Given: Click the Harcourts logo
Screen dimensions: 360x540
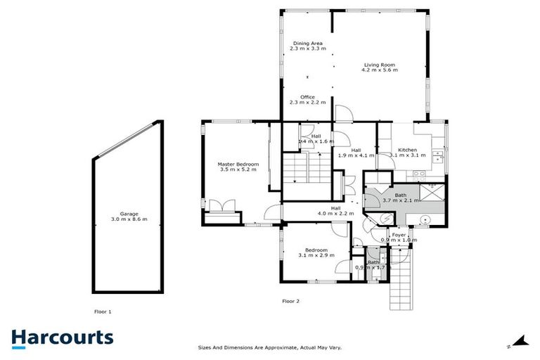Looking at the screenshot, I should point(63,337).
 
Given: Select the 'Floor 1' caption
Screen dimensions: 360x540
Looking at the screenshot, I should point(103,310).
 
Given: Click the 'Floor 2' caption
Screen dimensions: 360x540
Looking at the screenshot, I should point(291,301).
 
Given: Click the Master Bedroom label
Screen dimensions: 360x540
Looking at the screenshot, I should point(238,165).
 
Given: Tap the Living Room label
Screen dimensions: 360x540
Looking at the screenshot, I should point(379,65).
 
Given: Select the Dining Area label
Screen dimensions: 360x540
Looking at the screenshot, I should point(307,44).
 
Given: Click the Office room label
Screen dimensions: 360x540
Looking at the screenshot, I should point(307,97).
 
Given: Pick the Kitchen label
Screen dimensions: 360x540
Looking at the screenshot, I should point(408,150).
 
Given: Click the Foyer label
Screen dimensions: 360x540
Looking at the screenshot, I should point(399,235).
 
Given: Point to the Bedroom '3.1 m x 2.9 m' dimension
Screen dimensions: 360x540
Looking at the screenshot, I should point(316,255).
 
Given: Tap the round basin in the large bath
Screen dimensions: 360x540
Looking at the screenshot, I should point(425,220).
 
